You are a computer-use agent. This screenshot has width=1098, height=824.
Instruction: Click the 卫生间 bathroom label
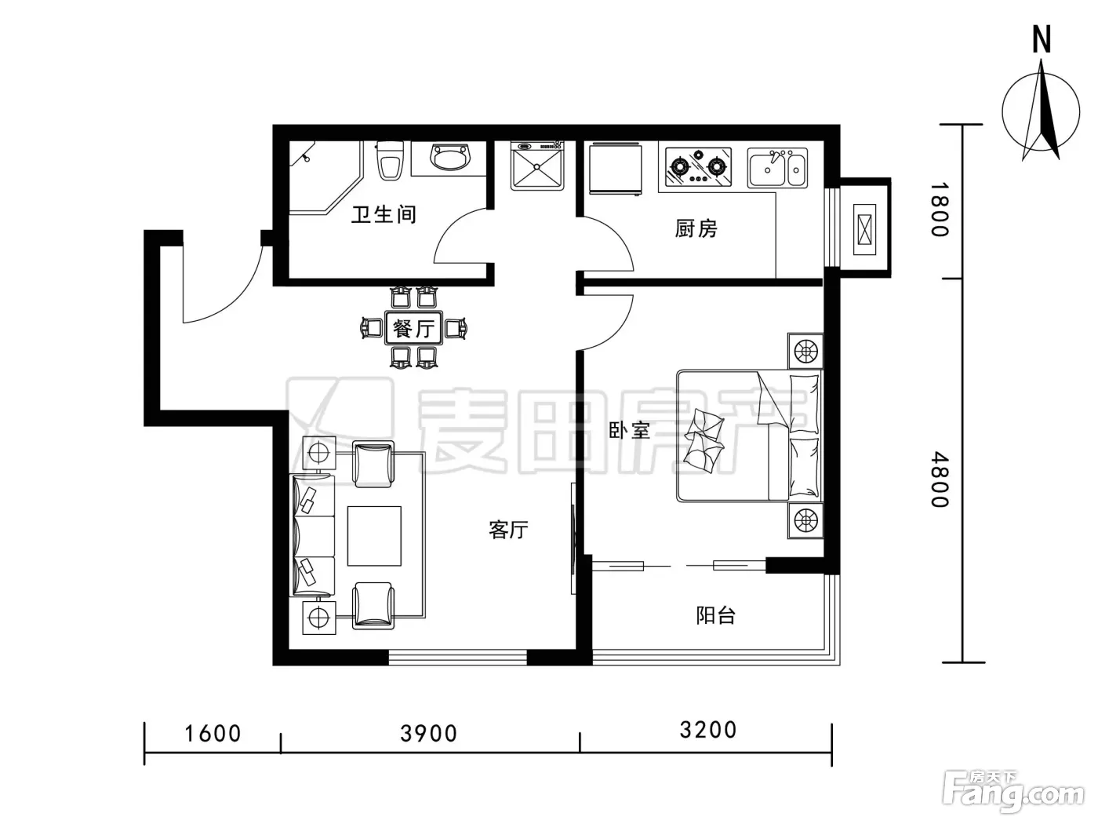point(384,214)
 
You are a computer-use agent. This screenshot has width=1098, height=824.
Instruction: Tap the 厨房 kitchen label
point(696,228)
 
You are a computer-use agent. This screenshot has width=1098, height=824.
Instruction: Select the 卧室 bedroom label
point(629,430)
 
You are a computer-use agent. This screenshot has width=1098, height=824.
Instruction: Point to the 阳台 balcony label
point(716,615)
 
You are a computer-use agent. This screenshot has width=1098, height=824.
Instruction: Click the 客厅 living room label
point(508,530)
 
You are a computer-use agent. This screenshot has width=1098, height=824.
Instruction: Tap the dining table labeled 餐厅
point(413,329)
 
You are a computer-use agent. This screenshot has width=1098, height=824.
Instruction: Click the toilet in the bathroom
point(390,160)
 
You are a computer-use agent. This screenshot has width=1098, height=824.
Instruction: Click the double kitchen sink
point(777,168)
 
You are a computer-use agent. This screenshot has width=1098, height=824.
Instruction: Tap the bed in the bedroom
point(749,436)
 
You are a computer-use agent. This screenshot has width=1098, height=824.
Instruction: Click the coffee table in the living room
point(374,536)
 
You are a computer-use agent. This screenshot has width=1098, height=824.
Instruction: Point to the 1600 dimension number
point(213,734)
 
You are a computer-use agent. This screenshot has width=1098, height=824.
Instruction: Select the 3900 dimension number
point(429,734)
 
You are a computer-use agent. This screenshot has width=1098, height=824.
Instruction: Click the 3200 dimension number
point(708,730)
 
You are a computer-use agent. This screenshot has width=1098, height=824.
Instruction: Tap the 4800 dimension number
point(940,479)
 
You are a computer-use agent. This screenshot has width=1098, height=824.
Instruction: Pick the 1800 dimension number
point(940,209)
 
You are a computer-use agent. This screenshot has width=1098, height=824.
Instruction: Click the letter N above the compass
point(1042,40)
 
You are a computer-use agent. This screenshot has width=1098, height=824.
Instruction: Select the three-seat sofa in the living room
point(313,536)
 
